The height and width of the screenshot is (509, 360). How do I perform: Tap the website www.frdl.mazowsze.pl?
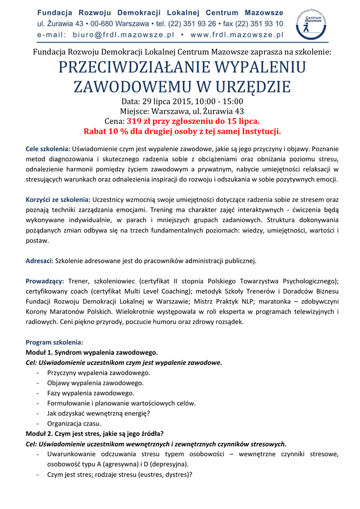click(x=237, y=35)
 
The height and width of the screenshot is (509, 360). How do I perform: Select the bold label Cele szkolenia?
click(x=48, y=148)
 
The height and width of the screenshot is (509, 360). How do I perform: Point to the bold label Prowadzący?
click(x=45, y=281)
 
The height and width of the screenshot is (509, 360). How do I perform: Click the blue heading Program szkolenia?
click(x=55, y=342)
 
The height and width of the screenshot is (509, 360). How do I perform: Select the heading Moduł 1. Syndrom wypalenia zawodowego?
click(x=91, y=352)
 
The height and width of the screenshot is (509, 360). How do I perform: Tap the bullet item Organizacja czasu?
click(x=74, y=424)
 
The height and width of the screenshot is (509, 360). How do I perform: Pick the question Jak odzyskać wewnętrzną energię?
click(x=98, y=414)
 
